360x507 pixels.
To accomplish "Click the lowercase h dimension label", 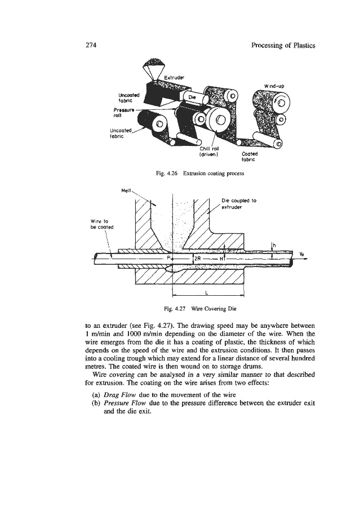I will pyautogui.click(x=274, y=244).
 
